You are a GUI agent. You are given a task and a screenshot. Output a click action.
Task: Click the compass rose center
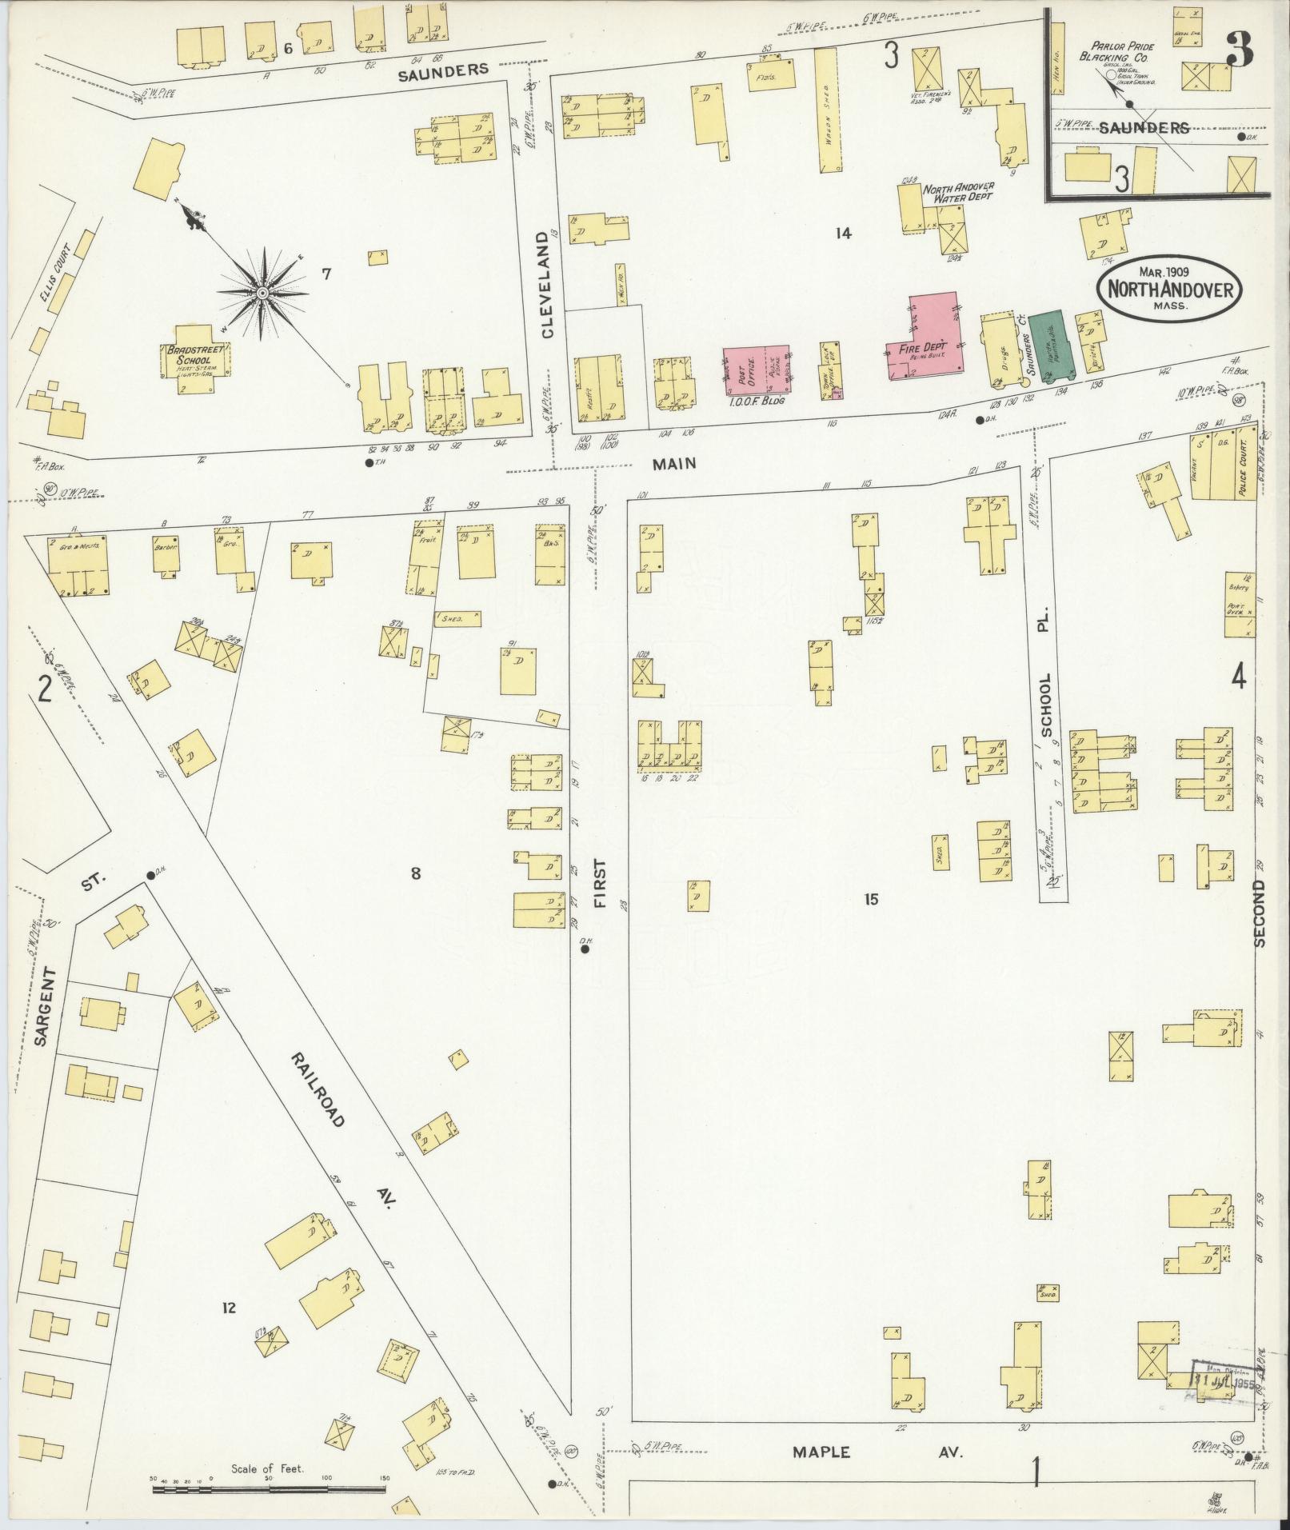tap(262, 294)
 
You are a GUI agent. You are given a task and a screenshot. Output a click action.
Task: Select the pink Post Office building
tap(756, 370)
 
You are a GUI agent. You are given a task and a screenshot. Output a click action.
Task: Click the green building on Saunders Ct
tap(1045, 345)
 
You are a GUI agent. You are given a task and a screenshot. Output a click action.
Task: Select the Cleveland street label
tap(547, 286)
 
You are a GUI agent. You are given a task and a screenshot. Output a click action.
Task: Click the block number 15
tap(871, 900)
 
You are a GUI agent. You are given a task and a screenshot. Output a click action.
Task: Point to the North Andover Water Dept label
tap(958, 192)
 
